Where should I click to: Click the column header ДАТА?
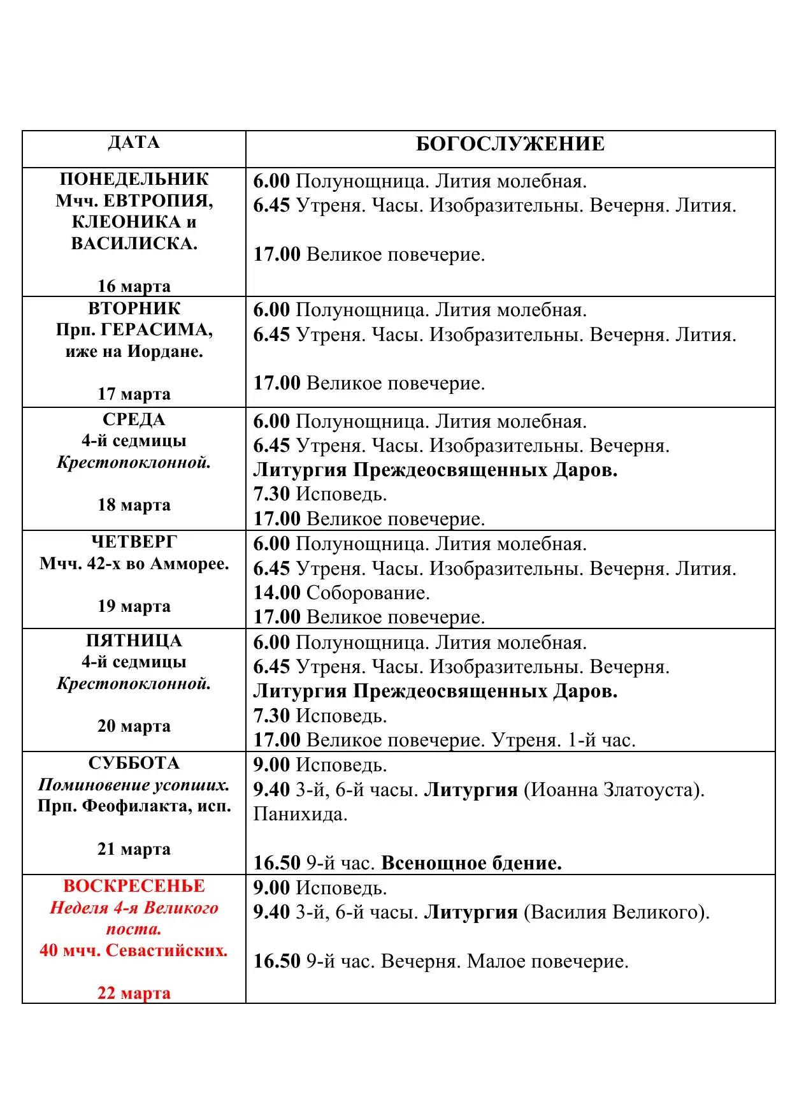point(134,142)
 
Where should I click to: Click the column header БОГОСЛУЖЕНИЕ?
point(510,144)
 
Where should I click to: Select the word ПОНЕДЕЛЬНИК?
point(134,179)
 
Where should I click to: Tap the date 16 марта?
point(134,286)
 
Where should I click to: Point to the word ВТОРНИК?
point(134,309)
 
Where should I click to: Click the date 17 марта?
point(134,394)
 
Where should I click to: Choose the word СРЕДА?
point(134,419)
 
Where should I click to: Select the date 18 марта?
point(134,505)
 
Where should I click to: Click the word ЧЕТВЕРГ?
point(134,542)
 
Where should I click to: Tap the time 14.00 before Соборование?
point(276,593)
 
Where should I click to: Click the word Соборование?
point(368,593)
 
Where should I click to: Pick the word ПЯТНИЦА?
point(134,641)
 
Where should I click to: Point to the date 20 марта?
point(134,726)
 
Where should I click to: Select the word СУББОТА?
point(134,763)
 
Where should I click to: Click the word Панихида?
point(300,814)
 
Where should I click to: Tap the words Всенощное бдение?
point(471,863)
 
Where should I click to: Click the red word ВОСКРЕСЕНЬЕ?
point(134,886)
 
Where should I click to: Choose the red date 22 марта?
point(134,993)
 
